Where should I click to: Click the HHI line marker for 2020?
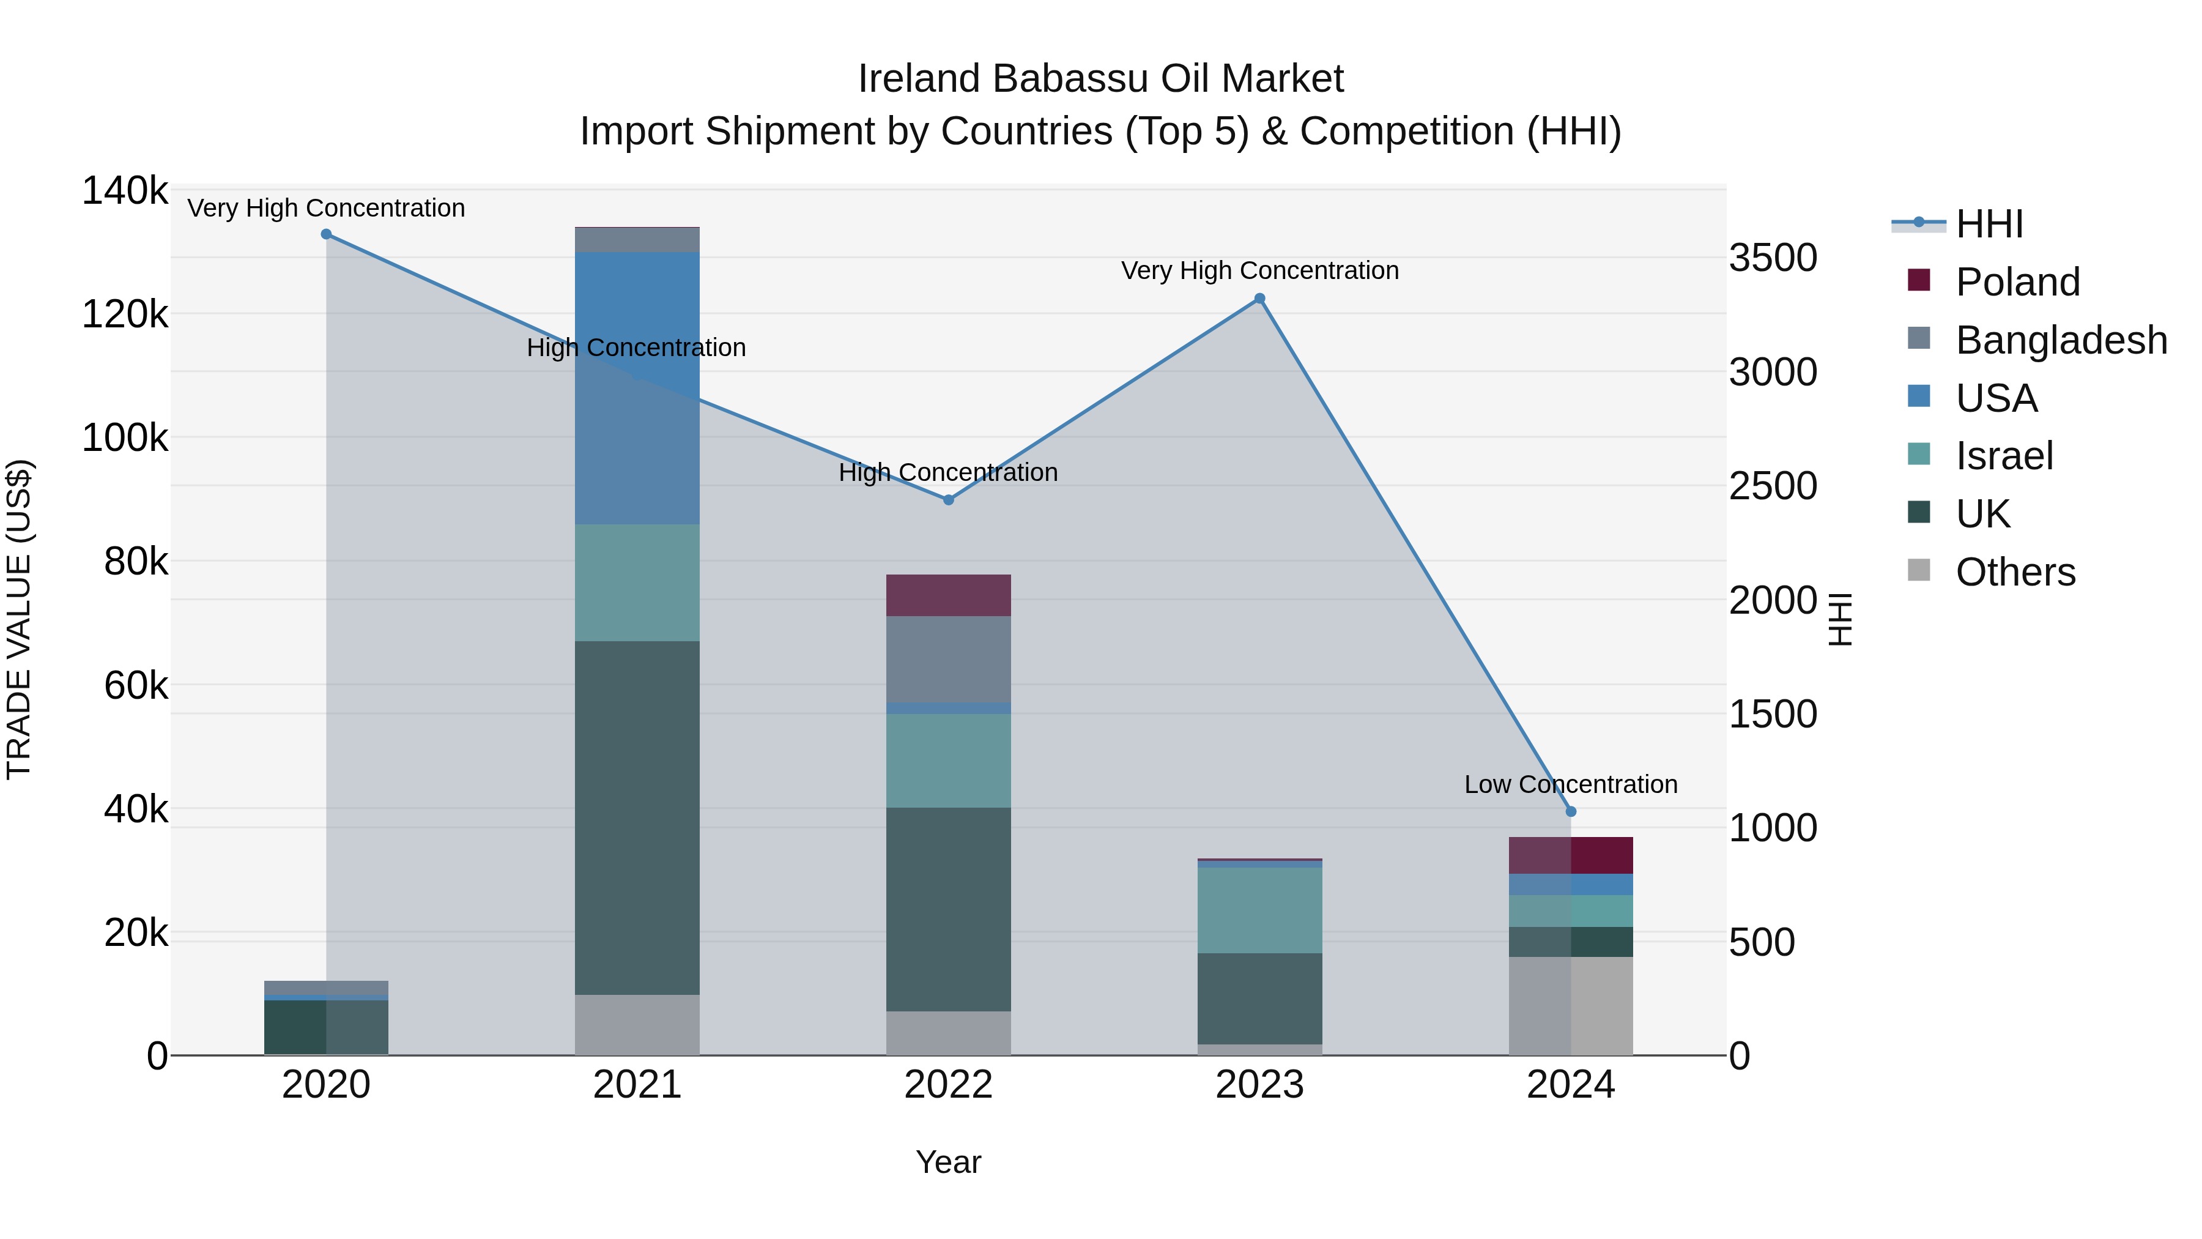325,234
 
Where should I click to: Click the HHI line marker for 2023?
1259,299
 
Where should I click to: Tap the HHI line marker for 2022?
948,499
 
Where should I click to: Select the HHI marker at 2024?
1570,811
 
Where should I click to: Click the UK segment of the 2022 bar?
948,909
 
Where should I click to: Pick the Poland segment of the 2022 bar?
948,595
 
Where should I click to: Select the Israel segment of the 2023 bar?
1259,910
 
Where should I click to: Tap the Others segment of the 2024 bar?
1570,1005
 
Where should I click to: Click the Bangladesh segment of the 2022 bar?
948,659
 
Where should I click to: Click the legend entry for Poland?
2017,282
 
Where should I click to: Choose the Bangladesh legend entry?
2060,340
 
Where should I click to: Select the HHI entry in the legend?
1989,224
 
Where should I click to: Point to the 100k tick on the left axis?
125,438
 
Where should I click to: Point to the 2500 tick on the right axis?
1773,486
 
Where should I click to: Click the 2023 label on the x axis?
1259,1085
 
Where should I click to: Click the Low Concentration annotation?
1570,784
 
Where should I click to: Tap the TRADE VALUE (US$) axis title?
19,619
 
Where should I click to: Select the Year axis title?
948,1162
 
